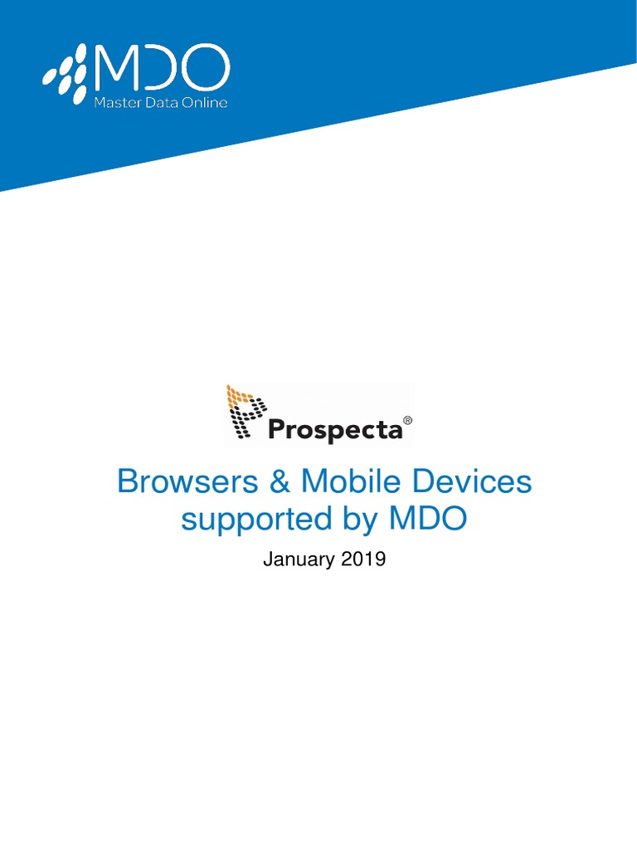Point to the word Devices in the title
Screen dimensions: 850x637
469,481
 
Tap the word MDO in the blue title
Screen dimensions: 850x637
427,519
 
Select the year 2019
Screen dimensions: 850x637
362,560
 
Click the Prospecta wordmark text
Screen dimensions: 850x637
335,430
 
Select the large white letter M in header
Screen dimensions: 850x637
116,70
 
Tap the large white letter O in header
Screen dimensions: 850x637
206,70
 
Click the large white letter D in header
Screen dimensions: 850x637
161,70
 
